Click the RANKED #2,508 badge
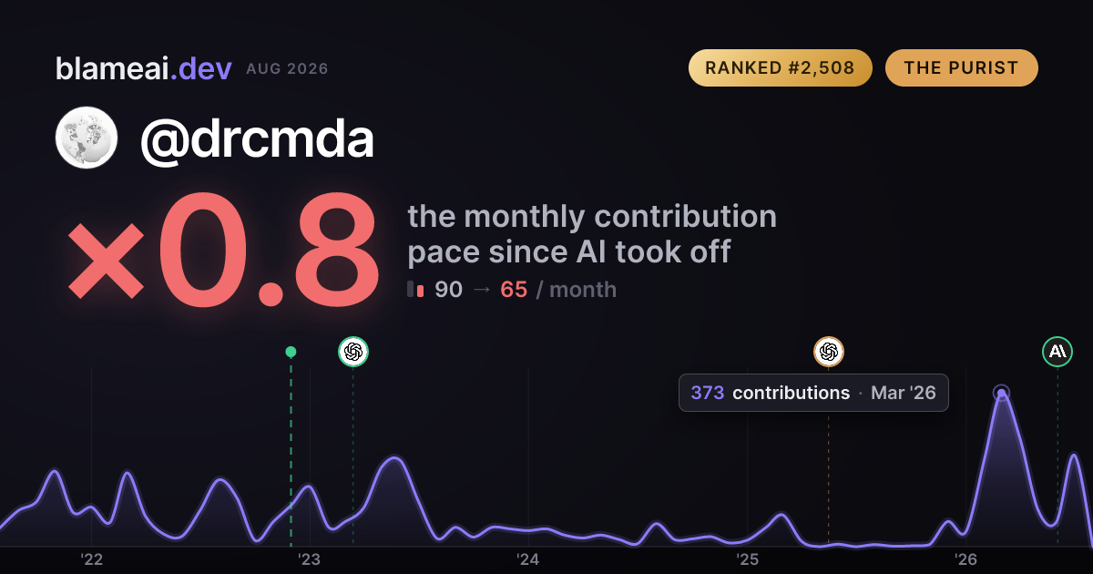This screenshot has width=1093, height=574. click(780, 67)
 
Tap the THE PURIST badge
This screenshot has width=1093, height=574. click(961, 67)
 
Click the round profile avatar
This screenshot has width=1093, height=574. click(87, 138)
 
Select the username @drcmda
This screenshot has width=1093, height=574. click(257, 139)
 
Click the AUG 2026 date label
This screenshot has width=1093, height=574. click(287, 69)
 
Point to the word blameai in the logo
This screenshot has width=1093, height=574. click(112, 68)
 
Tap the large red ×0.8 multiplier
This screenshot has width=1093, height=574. click(223, 249)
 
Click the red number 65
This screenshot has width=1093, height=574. click(514, 290)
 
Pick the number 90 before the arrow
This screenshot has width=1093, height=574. click(448, 290)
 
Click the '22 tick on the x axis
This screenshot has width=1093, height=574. click(91, 559)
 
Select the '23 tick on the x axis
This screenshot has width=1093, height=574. click(310, 559)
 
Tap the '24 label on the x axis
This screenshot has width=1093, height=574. click(528, 559)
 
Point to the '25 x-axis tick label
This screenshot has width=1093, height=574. click(747, 559)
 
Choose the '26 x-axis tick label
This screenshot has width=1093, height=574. click(965, 559)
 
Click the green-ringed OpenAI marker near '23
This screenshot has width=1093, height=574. click(353, 352)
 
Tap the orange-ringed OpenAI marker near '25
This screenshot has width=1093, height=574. click(829, 352)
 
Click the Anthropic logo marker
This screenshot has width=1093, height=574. click(1057, 352)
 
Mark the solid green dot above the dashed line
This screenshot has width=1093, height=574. click(291, 352)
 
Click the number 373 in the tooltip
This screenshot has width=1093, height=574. click(708, 393)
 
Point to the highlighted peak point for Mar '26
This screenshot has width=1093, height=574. click(1001, 393)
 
